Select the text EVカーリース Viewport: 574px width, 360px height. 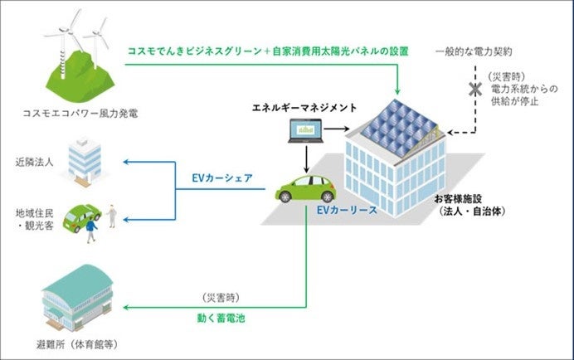coord(346,211)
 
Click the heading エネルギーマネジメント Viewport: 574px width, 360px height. coord(305,107)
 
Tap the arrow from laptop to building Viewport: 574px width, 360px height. coord(337,129)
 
